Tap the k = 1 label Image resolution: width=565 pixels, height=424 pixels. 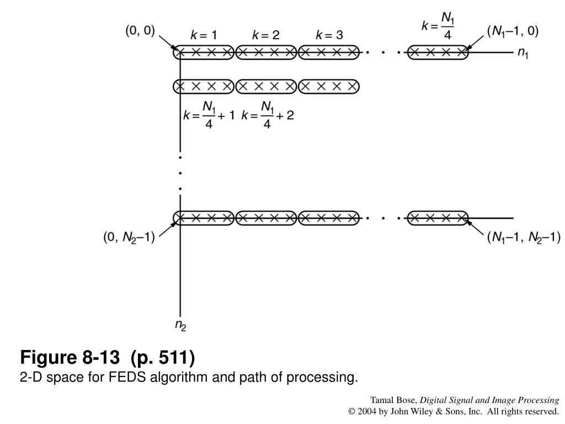coord(204,35)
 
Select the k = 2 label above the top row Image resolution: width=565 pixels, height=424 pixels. coord(266,35)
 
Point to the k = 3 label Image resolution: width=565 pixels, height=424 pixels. coord(329,35)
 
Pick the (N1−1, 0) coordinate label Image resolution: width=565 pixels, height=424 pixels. coord(513,31)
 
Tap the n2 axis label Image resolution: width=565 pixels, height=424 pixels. coord(180,325)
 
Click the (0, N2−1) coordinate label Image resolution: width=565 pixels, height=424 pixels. coord(129,238)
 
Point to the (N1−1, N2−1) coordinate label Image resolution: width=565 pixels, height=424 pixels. coord(524,238)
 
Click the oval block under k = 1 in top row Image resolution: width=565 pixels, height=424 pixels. coord(204,53)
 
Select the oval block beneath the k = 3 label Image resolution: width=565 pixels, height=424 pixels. coord(329,53)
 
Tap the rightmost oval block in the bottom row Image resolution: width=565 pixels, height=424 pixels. coord(438,218)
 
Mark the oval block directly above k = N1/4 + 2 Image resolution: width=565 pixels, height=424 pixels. coord(266,86)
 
